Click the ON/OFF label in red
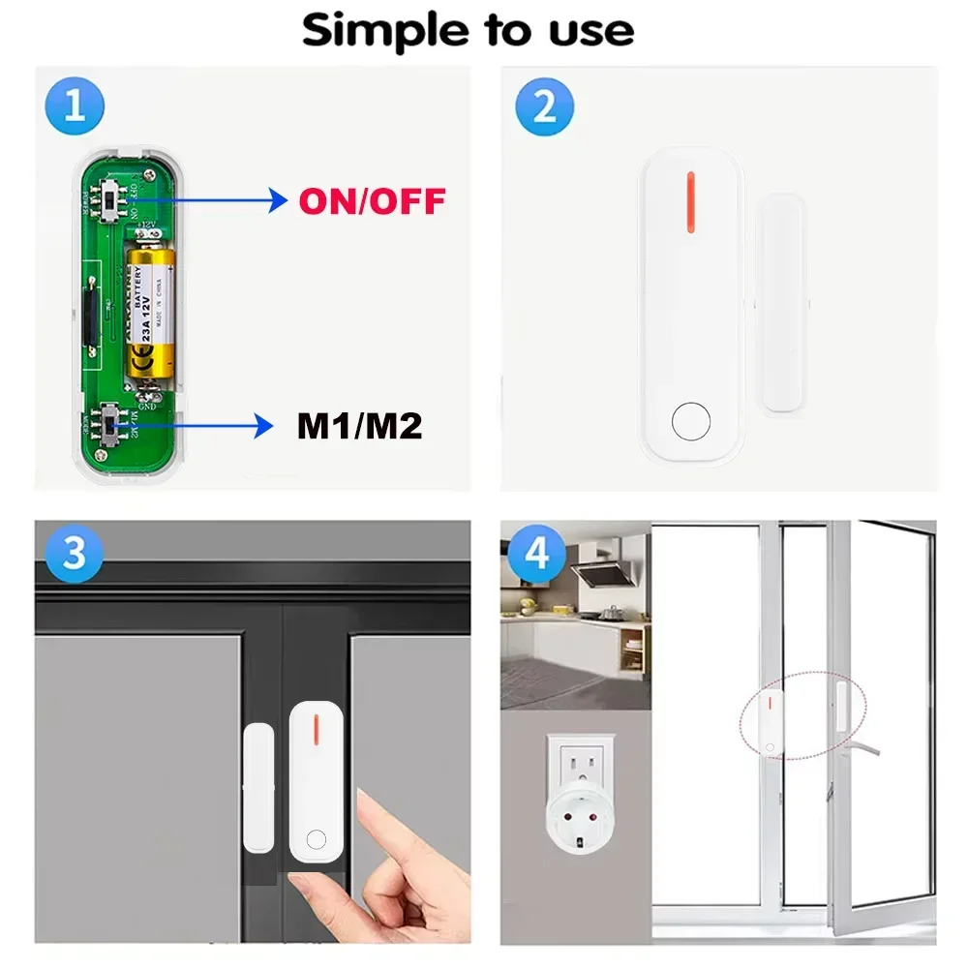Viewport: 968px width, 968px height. click(372, 201)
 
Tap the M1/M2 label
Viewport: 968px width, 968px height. click(359, 425)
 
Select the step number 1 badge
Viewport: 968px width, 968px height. click(75, 107)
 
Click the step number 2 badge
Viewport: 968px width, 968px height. click(544, 107)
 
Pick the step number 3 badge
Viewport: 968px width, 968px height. click(75, 555)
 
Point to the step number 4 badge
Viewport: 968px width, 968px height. click(536, 555)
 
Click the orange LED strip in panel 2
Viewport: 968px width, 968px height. click(690, 202)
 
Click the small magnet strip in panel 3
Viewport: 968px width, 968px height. click(258, 786)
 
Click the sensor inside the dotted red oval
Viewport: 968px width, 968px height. click(772, 721)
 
